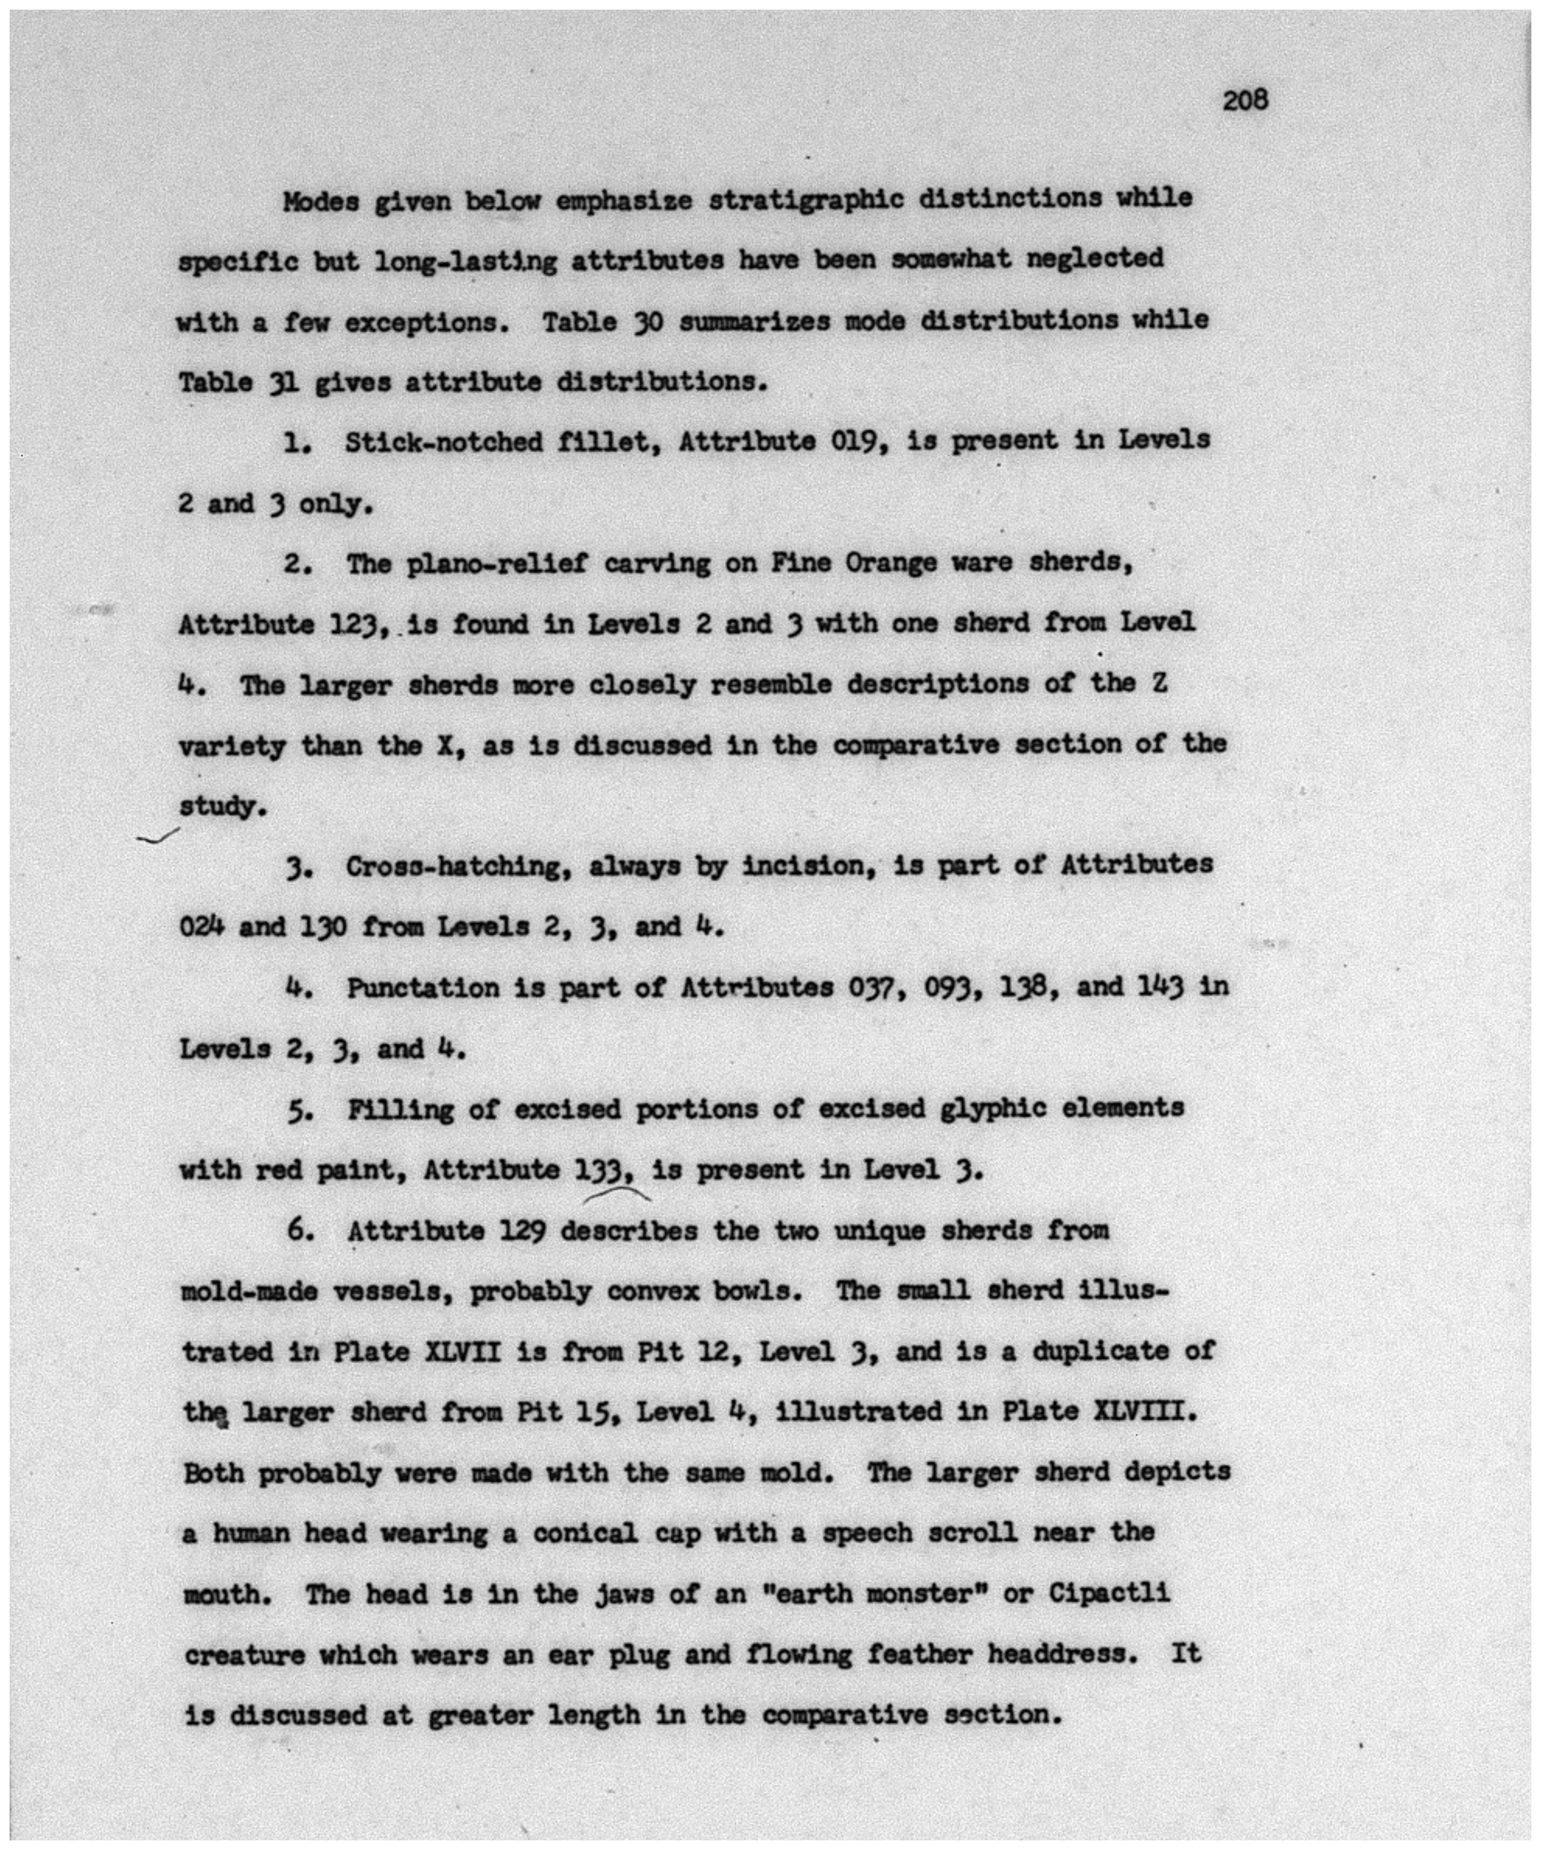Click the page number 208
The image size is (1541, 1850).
[1244, 100]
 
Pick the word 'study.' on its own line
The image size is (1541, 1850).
[222, 806]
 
